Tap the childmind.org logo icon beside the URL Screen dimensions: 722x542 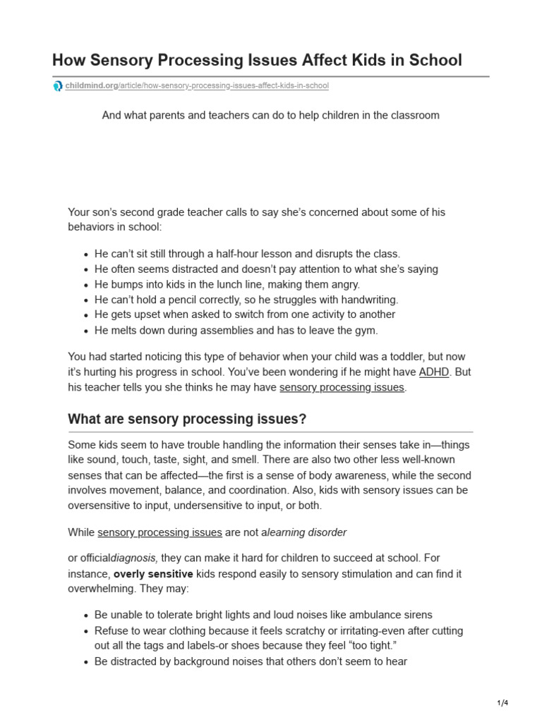[58, 86]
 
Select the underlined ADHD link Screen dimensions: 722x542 [433, 372]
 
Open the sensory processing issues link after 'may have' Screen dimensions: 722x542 [342, 388]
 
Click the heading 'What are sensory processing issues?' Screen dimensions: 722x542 [187, 419]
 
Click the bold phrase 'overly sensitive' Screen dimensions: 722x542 [154, 574]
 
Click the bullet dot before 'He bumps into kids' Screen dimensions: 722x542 [85, 285]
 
